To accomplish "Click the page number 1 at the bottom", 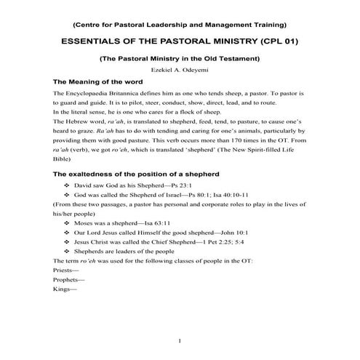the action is click(x=180, y=340).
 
